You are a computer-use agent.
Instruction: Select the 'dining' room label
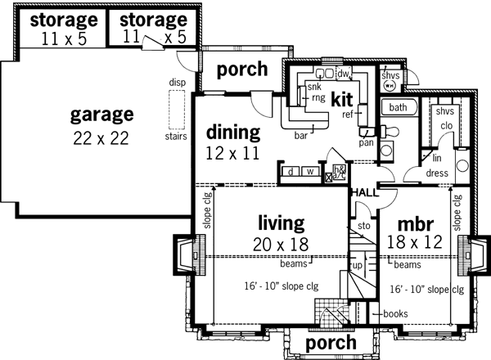pyautogui.click(x=232, y=132)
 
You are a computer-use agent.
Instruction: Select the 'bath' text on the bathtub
pyautogui.click(x=398, y=107)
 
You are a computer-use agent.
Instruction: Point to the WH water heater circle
pyautogui.click(x=390, y=83)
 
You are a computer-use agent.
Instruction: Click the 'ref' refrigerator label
pyautogui.click(x=347, y=115)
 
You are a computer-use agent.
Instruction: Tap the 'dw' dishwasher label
pyautogui.click(x=343, y=74)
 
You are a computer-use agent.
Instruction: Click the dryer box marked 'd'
pyautogui.click(x=291, y=173)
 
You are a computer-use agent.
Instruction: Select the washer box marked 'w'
pyautogui.click(x=309, y=173)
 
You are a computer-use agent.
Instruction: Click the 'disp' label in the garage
pyautogui.click(x=176, y=83)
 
